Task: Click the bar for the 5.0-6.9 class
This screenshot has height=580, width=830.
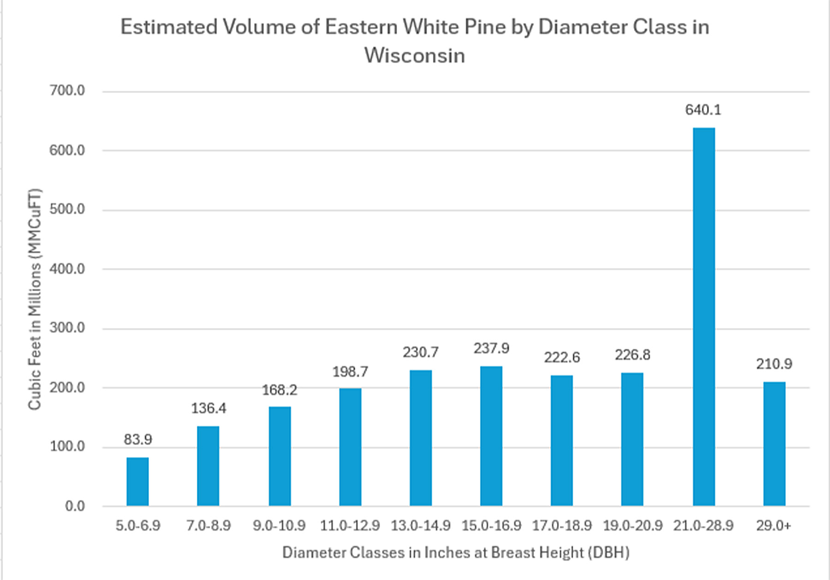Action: pyautogui.click(x=137, y=481)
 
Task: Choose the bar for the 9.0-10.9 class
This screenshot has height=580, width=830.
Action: pyautogui.click(x=279, y=456)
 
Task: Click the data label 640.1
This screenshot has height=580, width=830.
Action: pyautogui.click(x=703, y=110)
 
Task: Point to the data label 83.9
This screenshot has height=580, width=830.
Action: pyautogui.click(x=137, y=439)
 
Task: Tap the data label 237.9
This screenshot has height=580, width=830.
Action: pyautogui.click(x=491, y=348)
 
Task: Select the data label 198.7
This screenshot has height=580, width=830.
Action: pyautogui.click(x=350, y=371)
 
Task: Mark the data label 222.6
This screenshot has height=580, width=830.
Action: pyautogui.click(x=562, y=357)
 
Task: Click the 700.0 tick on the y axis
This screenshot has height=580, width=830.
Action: pyautogui.click(x=67, y=91)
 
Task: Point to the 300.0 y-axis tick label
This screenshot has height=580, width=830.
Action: pyautogui.click(x=67, y=328)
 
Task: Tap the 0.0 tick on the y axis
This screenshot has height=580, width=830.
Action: pyautogui.click(x=75, y=506)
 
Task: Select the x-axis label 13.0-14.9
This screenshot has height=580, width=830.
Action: pyautogui.click(x=421, y=526)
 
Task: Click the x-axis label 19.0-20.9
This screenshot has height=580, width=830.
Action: pyautogui.click(x=633, y=526)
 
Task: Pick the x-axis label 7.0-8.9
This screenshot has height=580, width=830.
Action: pyautogui.click(x=208, y=526)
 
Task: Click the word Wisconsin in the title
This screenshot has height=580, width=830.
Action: pyautogui.click(x=415, y=56)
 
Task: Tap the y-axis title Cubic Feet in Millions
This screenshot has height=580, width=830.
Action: pyautogui.click(x=35, y=299)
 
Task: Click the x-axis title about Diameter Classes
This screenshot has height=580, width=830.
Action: pyautogui.click(x=456, y=552)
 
